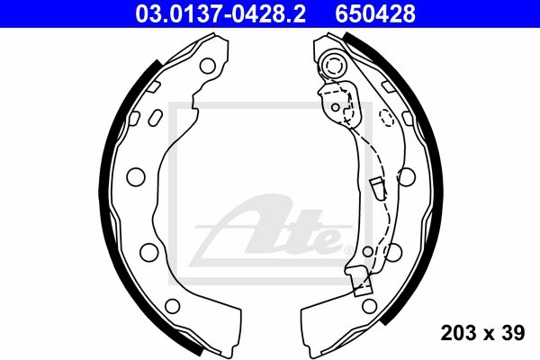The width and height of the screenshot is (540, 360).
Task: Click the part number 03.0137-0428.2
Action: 220,13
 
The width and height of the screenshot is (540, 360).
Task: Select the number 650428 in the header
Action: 375,13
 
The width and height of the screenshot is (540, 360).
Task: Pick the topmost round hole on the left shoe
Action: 208,66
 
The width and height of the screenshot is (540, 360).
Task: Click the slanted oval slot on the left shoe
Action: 155,118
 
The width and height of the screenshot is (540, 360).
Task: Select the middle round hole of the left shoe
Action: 136,176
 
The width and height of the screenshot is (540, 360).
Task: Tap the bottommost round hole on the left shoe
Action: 173,306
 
